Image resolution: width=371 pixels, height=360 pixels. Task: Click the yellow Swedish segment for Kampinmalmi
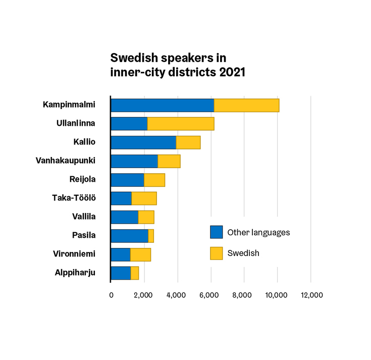(246, 106)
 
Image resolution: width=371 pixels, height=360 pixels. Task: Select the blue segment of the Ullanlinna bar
(129, 124)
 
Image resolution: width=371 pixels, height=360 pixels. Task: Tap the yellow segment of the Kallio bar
(188, 142)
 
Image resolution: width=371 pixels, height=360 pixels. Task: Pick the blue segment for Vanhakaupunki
(134, 161)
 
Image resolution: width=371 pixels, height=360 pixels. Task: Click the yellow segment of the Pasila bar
(151, 236)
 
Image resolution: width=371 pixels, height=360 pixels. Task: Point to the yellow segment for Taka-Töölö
(144, 198)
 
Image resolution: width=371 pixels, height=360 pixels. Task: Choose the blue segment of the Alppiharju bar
(121, 273)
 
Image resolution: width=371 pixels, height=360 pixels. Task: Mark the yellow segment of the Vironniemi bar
(140, 254)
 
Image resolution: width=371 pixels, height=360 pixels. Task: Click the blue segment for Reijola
(127, 180)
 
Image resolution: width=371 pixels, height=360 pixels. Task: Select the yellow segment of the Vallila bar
(146, 217)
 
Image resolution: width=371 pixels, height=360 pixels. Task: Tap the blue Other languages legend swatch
(216, 232)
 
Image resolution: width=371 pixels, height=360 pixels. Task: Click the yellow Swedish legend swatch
(216, 253)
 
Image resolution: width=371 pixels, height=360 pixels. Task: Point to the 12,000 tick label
(310, 295)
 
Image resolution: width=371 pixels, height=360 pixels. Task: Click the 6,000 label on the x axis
(210, 295)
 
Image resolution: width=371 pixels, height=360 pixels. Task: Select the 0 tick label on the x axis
(111, 295)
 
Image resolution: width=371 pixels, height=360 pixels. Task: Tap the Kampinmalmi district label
(69, 105)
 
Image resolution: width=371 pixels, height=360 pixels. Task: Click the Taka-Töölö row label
(74, 198)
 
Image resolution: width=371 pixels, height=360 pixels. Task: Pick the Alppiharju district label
(75, 273)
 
